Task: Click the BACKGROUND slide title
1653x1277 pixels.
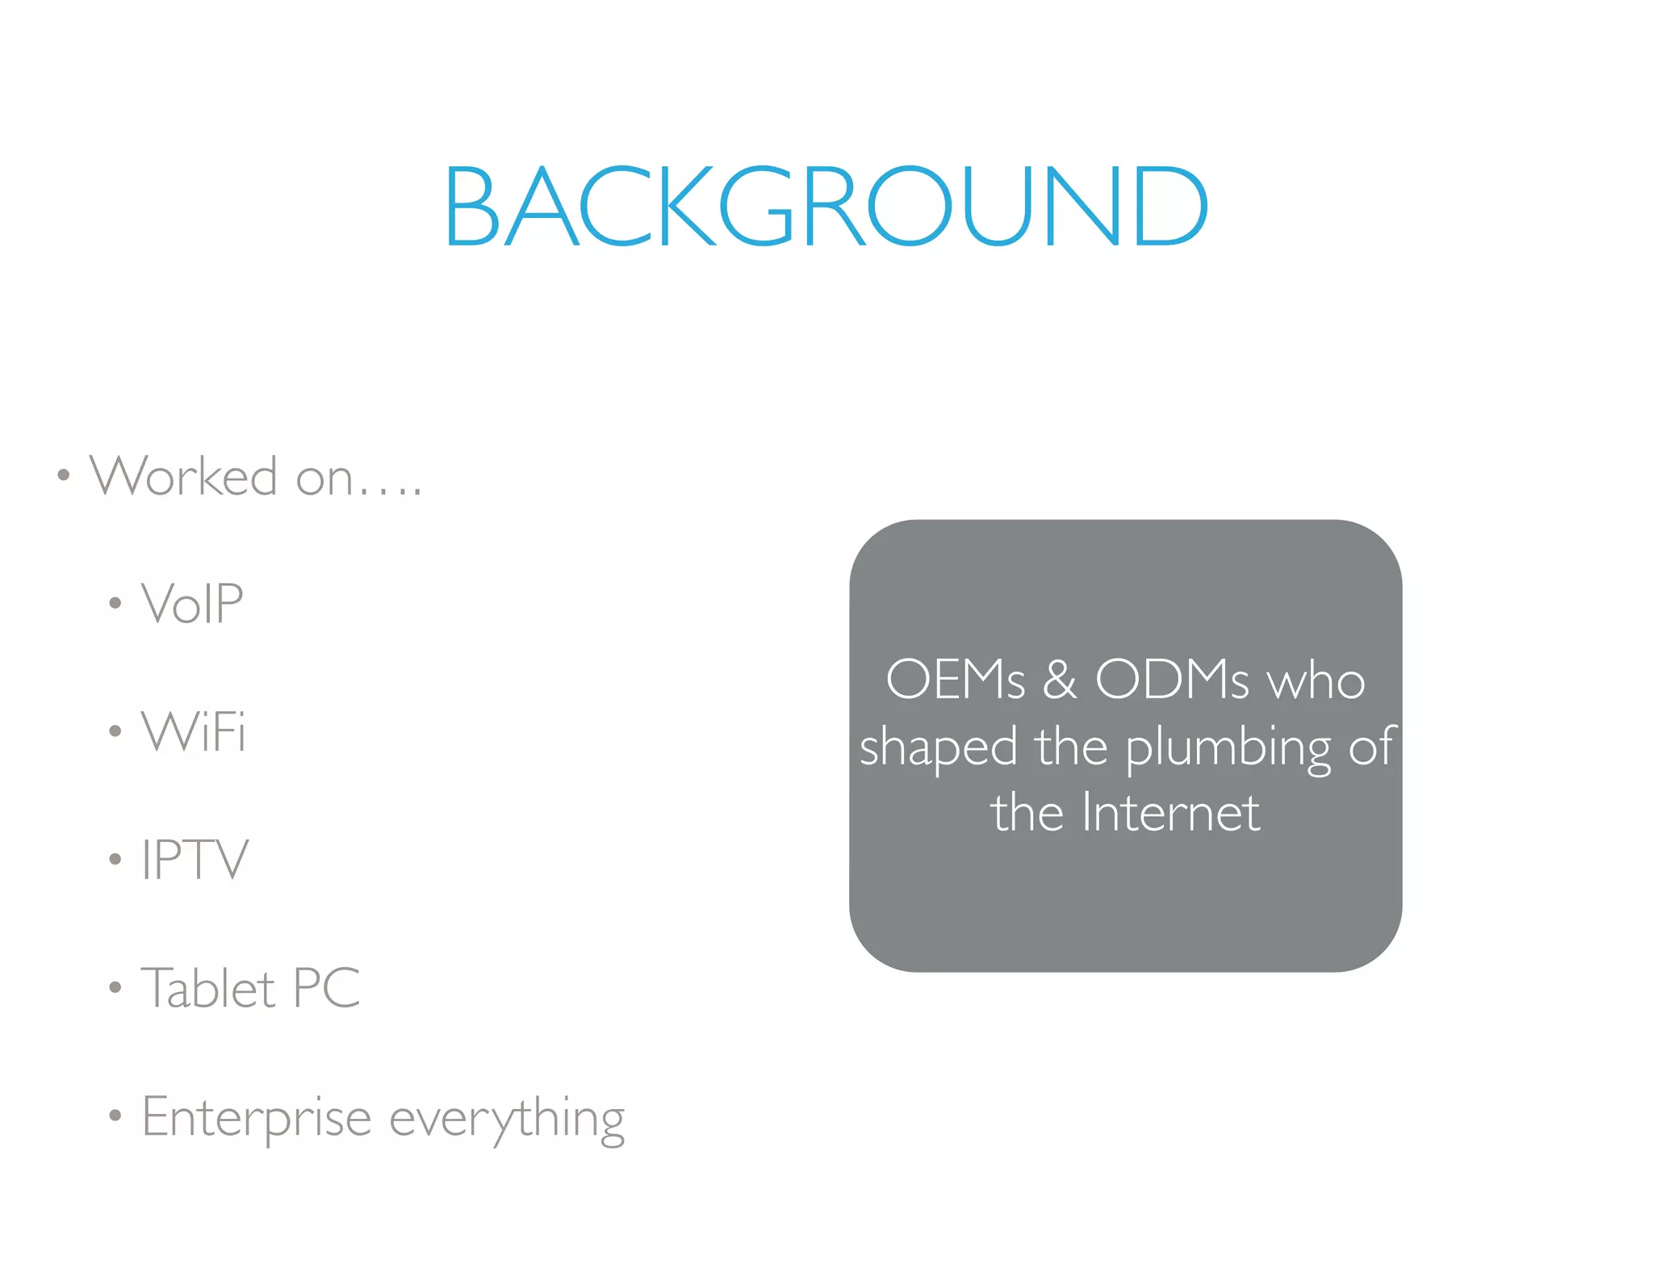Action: (x=826, y=206)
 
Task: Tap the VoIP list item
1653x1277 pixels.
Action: (x=192, y=603)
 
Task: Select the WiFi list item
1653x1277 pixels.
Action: (x=194, y=731)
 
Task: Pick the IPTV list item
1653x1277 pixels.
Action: (x=195, y=859)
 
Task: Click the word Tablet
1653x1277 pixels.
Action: (x=208, y=986)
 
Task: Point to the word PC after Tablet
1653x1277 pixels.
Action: (x=327, y=986)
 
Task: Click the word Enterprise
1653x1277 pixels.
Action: (x=257, y=1118)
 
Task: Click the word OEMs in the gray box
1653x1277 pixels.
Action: (x=956, y=679)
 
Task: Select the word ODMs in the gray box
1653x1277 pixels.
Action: (x=1172, y=679)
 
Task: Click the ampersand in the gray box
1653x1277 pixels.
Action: (x=1060, y=679)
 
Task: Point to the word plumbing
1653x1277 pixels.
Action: (x=1228, y=748)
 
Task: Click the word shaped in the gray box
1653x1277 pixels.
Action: (x=938, y=747)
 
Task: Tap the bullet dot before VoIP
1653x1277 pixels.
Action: (x=115, y=603)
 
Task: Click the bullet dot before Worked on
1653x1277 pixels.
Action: (x=64, y=475)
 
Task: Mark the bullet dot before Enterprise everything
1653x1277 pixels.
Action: (x=115, y=1116)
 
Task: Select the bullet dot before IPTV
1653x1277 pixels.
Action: (x=115, y=859)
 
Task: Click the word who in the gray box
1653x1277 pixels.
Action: (x=1316, y=680)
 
